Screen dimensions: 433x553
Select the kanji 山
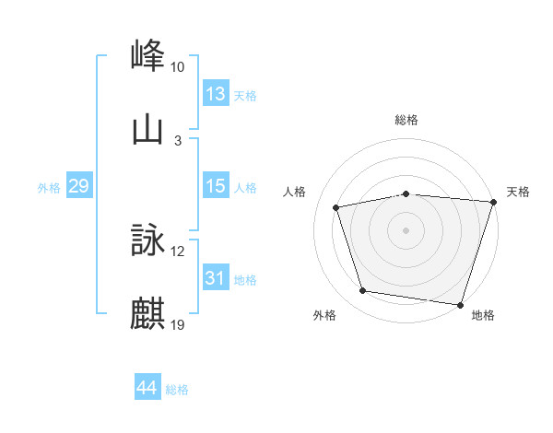tap(148, 129)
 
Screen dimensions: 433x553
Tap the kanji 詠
tap(148, 240)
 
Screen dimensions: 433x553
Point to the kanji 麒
tap(148, 314)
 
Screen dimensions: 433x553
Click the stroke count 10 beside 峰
tap(178, 67)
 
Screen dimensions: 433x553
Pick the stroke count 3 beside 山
tap(178, 141)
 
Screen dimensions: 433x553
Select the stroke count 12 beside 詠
tap(178, 252)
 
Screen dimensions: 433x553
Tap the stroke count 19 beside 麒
tap(178, 325)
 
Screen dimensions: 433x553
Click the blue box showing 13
tap(216, 94)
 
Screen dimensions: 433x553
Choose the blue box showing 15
tap(216, 187)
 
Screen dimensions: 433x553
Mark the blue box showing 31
tap(216, 278)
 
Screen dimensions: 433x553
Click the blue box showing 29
tap(78, 187)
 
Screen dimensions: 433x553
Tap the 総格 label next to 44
tap(177, 390)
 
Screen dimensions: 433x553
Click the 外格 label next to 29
tap(49, 188)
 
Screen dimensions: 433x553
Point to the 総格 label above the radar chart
tap(406, 120)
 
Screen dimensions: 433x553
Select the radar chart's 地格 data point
tap(460, 304)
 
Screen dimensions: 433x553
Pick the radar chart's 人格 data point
tap(336, 207)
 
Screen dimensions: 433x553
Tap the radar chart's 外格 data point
tap(363, 291)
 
